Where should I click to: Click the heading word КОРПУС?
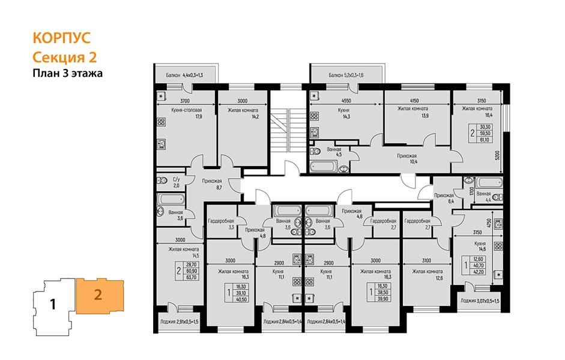tap(61, 38)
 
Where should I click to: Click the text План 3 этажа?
tap(67, 74)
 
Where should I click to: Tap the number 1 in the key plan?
tap(53, 304)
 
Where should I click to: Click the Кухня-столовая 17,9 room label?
tap(180, 113)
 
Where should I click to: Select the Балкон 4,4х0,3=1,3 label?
tap(184, 76)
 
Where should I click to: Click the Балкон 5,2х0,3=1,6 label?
tap(346, 76)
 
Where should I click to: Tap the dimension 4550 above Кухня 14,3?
tap(345, 101)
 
